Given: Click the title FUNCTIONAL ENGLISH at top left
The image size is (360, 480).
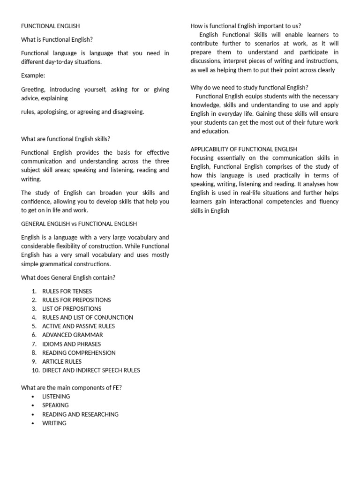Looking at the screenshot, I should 51,26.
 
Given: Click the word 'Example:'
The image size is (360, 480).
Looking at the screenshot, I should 33,75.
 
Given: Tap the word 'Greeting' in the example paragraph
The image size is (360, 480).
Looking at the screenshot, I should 33,90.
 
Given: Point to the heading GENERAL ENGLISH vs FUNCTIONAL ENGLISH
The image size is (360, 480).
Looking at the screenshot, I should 79,224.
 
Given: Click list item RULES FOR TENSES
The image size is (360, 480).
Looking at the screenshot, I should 67,291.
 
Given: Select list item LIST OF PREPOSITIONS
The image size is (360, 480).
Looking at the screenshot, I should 72,309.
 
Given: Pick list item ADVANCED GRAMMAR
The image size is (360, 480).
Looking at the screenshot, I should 73,335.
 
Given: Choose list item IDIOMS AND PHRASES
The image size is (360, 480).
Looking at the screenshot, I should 72,344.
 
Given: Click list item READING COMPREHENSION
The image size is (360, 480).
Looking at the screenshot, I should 79,353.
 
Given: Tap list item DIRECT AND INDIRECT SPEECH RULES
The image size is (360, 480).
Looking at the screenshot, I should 91,370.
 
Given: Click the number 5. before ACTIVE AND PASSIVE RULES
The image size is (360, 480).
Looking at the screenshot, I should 34,326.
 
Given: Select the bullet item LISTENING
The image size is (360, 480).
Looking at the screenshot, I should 56,397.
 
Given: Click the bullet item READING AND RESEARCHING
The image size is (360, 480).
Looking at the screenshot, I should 80,414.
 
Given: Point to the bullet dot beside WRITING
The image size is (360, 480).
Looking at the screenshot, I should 32,423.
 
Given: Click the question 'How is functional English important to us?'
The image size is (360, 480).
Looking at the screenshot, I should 246,26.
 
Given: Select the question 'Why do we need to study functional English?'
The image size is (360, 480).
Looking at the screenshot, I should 249,88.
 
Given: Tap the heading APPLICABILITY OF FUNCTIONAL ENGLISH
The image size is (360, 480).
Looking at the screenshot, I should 244,149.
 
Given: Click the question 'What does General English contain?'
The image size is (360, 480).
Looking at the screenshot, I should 68,277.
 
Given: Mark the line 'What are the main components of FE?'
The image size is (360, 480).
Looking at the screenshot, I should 71,388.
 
